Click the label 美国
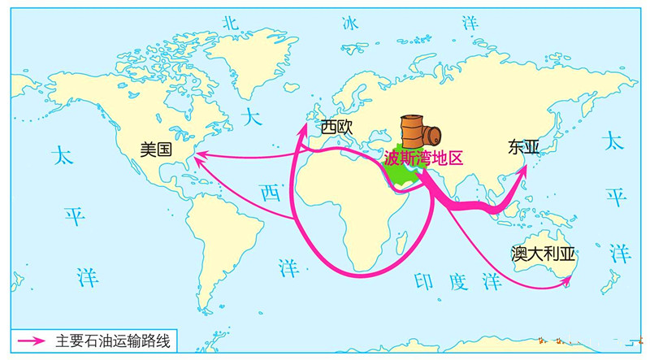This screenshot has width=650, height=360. (156, 150)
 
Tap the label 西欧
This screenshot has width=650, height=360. (336, 128)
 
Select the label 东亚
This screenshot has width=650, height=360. (523, 148)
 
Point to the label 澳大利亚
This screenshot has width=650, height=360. (543, 254)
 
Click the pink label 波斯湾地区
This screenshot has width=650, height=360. (423, 158)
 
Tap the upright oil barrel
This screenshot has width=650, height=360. (412, 132)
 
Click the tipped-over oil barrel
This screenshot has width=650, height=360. (432, 135)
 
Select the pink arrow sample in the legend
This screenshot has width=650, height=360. (31, 341)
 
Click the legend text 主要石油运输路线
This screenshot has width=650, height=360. (113, 341)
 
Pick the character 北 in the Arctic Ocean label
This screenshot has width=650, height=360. (230, 24)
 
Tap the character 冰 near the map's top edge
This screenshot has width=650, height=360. (350, 24)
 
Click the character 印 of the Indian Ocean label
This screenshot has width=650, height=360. (423, 281)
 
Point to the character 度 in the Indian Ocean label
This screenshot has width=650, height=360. (458, 283)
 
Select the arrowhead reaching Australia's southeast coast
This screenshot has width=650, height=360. (565, 281)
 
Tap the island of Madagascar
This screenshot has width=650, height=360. (401, 243)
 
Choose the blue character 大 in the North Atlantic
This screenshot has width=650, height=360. (252, 117)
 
